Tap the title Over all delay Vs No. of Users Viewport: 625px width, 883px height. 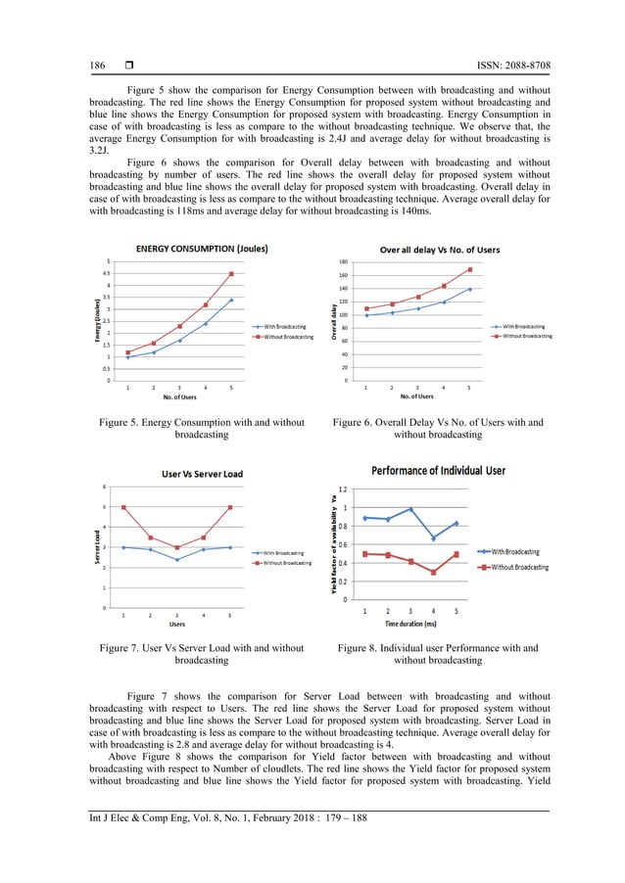tap(439, 250)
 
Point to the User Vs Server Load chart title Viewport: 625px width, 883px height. tap(202, 475)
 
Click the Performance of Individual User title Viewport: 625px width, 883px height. tap(438, 471)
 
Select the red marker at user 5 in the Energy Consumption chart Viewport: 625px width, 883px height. tap(231, 274)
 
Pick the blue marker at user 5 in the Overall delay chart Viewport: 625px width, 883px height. tap(469, 289)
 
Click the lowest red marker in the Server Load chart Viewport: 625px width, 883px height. tap(176, 548)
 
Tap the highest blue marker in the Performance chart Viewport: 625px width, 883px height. tap(410, 509)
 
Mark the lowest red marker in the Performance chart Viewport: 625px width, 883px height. tap(433, 573)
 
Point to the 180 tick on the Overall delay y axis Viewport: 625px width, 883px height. tap(344, 262)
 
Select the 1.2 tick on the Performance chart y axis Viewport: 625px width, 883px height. tap(341, 489)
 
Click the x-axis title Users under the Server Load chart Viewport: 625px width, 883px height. tap(176, 624)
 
